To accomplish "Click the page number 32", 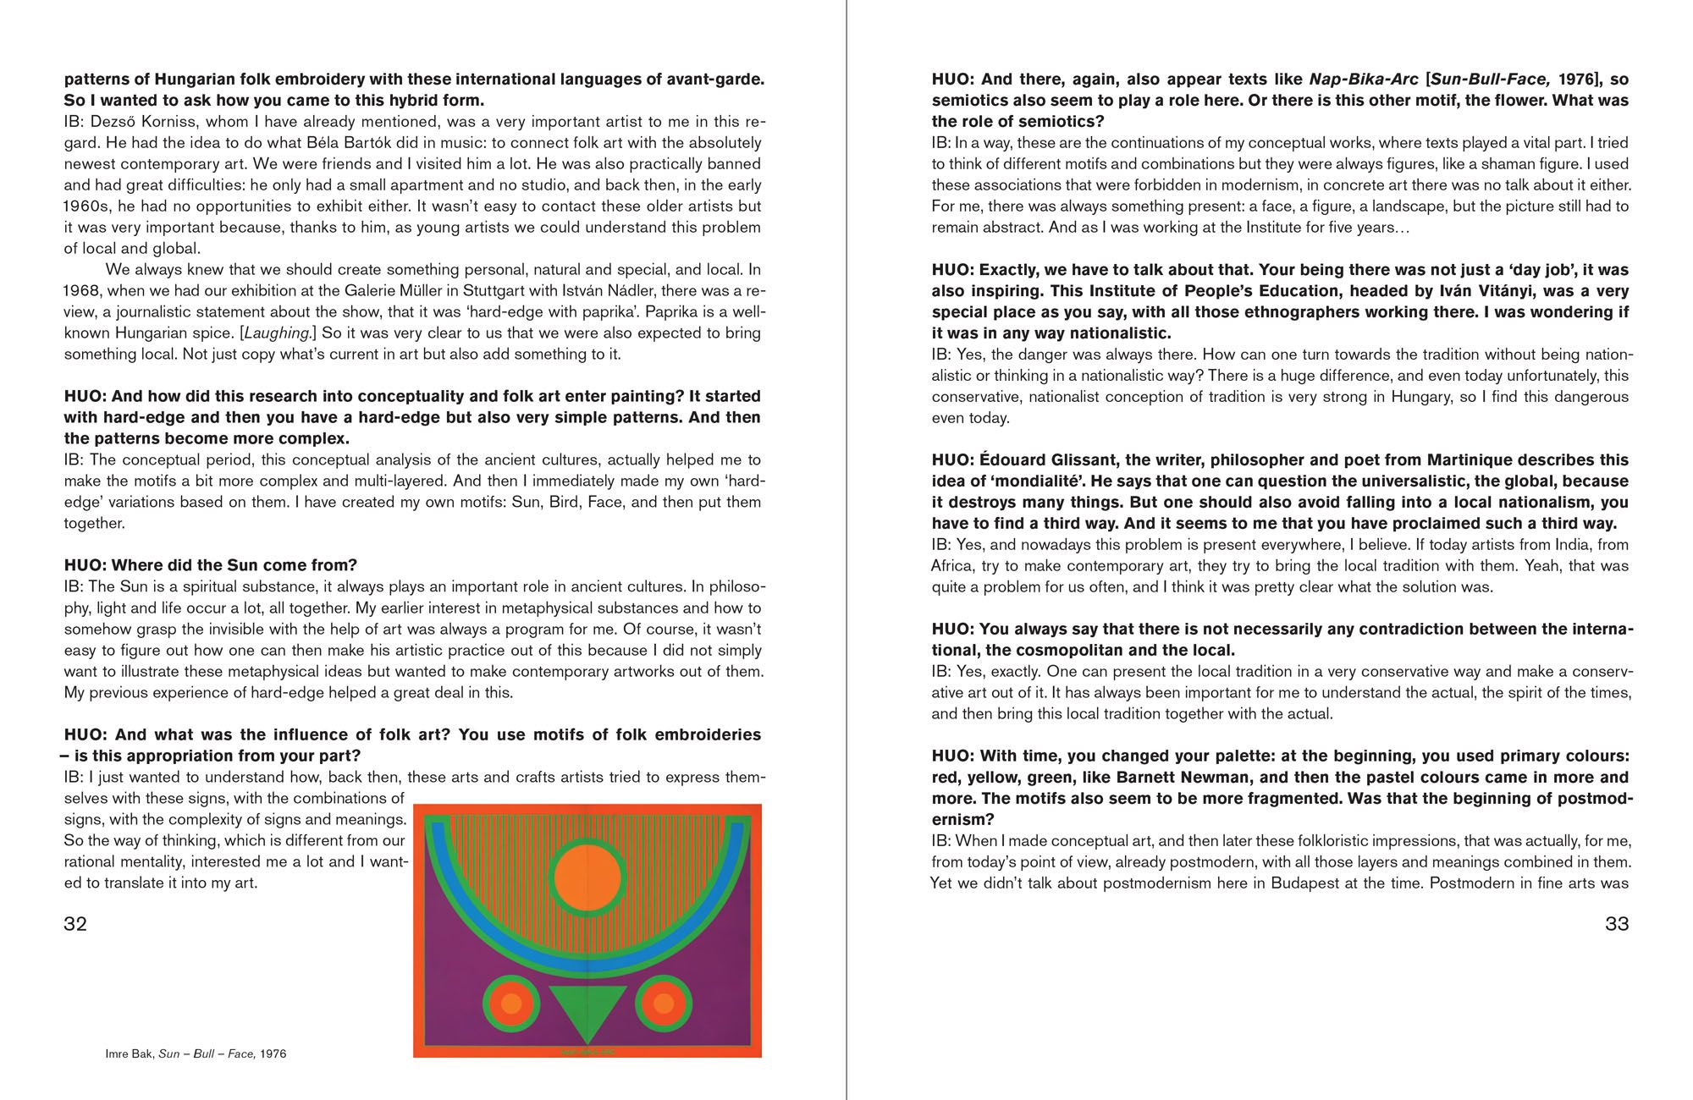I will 75,923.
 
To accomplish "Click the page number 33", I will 1617,923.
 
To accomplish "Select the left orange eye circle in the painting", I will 511,1004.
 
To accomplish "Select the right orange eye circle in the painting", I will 664,1004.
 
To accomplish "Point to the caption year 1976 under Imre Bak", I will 273,1054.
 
